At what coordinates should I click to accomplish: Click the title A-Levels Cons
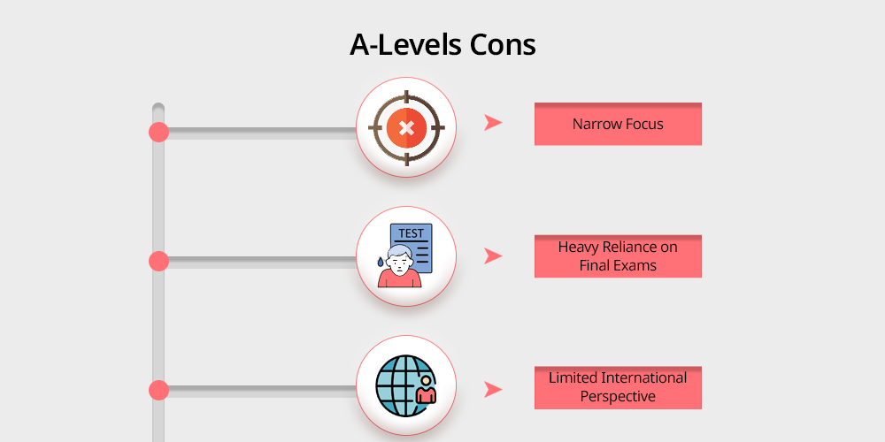[x=442, y=45]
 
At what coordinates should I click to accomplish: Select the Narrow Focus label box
[x=618, y=124]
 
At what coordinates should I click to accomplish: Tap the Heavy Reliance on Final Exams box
[x=618, y=256]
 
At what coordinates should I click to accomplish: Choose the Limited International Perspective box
[x=618, y=387]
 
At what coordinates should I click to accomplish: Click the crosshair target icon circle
[x=406, y=127]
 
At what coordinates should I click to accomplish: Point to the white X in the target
[x=406, y=128]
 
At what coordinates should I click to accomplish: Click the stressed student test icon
[x=406, y=256]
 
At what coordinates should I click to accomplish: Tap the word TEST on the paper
[x=411, y=233]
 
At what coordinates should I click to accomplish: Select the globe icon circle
[x=406, y=385]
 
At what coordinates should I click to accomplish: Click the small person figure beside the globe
[x=427, y=391]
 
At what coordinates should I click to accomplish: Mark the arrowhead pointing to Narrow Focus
[x=493, y=122]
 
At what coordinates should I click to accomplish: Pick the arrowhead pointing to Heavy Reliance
[x=493, y=256]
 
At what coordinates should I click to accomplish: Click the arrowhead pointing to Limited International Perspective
[x=493, y=390]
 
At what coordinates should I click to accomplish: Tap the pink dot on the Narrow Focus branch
[x=158, y=132]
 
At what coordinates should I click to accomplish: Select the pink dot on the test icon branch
[x=158, y=261]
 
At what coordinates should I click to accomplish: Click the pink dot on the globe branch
[x=158, y=390]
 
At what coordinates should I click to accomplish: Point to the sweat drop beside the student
[x=381, y=262]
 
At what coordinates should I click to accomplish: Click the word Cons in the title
[x=504, y=45]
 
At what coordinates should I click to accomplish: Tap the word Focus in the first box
[x=643, y=124]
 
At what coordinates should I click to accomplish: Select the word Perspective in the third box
[x=618, y=397]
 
